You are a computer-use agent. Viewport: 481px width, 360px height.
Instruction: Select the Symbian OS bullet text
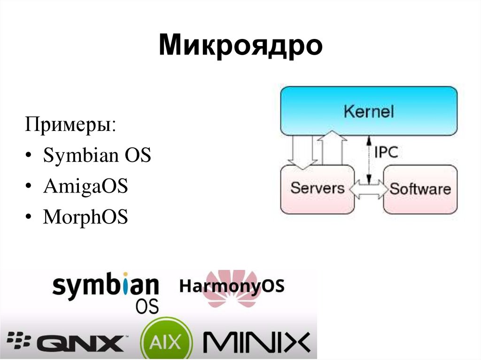[97, 156]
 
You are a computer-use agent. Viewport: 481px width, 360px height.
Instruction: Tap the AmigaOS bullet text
[85, 186]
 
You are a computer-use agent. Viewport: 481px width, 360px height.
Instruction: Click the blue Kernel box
[369, 111]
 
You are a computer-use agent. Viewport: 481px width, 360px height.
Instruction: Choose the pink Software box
[420, 189]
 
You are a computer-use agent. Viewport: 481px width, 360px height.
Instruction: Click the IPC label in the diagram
[386, 152]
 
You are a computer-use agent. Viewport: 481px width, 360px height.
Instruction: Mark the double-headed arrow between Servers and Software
[369, 189]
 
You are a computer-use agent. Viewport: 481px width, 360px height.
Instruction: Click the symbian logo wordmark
[105, 286]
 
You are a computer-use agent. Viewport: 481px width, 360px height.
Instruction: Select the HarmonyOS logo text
[232, 286]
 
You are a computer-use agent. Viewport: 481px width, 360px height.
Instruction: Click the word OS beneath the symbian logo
[147, 306]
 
